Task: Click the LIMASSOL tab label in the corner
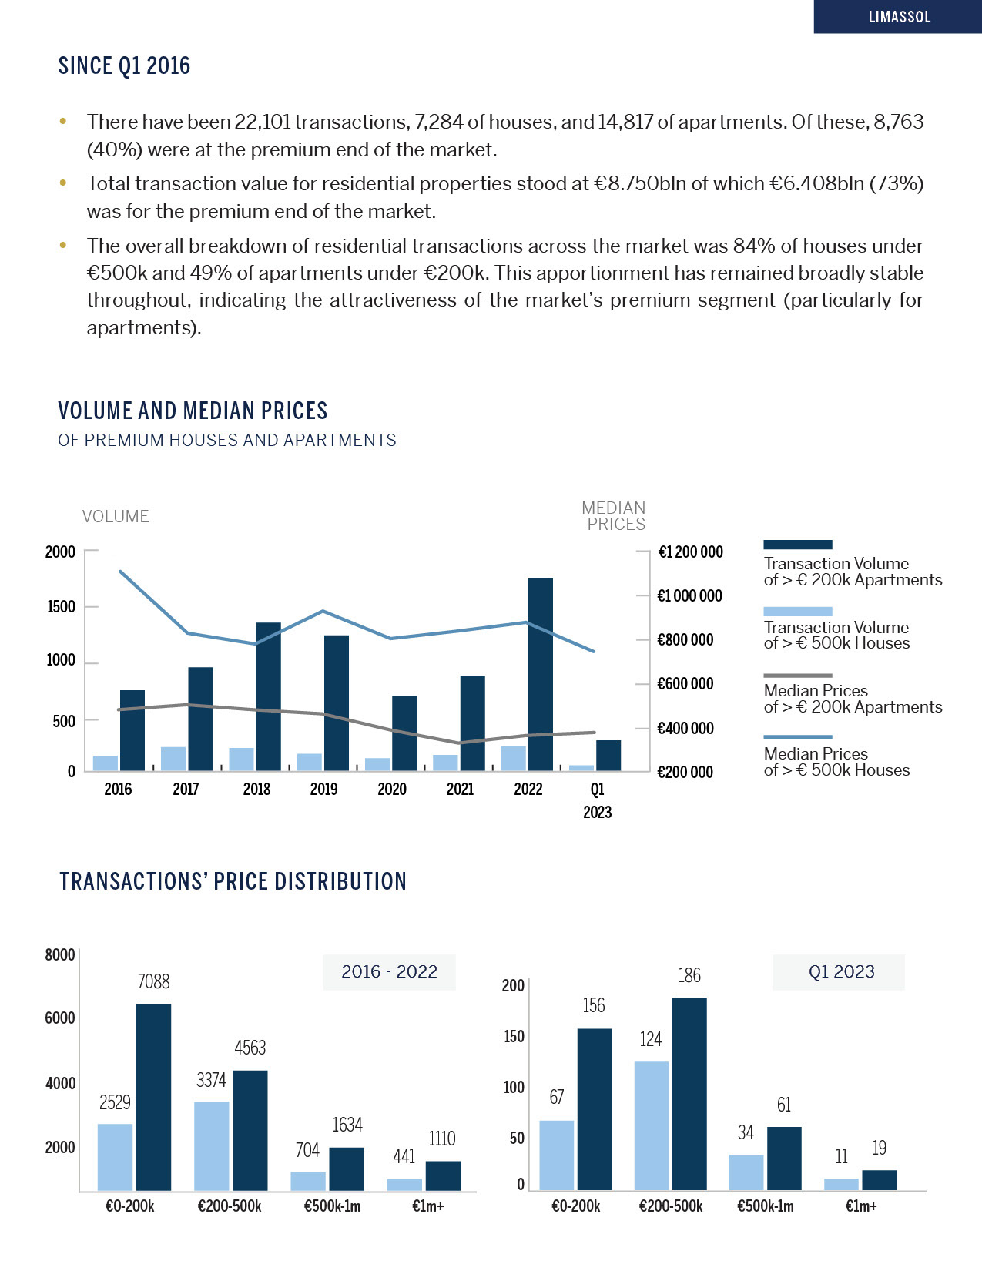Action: tap(899, 17)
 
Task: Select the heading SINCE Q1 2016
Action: tap(124, 66)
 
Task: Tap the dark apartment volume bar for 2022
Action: tap(541, 674)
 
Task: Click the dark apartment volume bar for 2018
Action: tap(268, 696)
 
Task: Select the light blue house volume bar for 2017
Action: tap(173, 759)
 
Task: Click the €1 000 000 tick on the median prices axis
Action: tap(689, 595)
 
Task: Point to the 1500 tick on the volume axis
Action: tap(61, 606)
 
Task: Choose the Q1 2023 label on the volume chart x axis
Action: tap(597, 800)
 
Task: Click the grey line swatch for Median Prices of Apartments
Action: tap(797, 676)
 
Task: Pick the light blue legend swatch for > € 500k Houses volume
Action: tap(797, 612)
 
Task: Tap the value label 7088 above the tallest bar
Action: tap(153, 981)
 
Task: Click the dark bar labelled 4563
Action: tap(250, 1130)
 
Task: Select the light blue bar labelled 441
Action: tap(404, 1185)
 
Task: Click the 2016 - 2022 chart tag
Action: tap(389, 972)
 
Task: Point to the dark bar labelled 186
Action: tap(689, 1094)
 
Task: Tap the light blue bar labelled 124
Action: tap(652, 1125)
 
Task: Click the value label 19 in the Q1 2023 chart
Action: tap(879, 1149)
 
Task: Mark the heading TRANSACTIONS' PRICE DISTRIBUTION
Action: tap(233, 882)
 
